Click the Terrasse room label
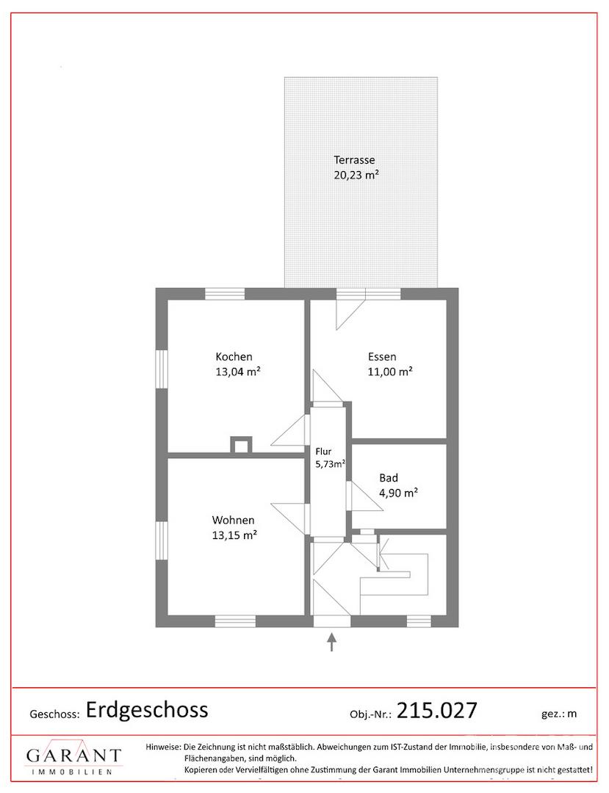[354, 160]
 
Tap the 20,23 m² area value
[356, 175]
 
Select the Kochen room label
[234, 357]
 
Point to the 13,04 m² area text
[238, 372]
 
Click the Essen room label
[382, 357]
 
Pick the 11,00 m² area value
[390, 372]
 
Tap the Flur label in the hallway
[323, 452]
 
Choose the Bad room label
[389, 478]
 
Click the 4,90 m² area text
[398, 493]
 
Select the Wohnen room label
[233, 521]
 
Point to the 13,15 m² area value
[234, 535]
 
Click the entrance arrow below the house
[331, 641]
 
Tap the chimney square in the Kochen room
[241, 445]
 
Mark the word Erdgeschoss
[147, 710]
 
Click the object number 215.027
[436, 710]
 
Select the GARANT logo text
[74, 756]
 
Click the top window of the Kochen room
[225, 294]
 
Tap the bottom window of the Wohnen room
[235, 621]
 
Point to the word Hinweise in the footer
[162, 747]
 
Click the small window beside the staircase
[419, 621]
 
